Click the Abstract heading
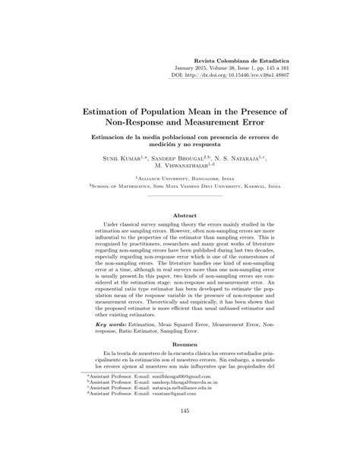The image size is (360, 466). (x=180, y=215)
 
